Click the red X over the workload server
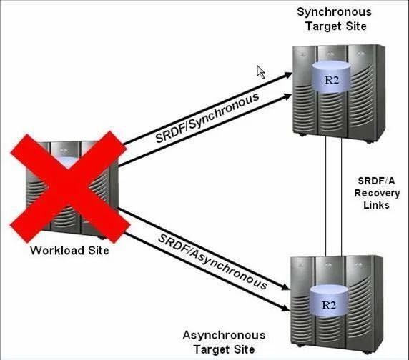(69, 187)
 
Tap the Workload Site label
(69, 250)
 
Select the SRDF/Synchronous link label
(207, 117)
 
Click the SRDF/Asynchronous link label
(213, 261)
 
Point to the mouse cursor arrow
(261, 72)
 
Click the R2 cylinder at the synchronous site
(331, 77)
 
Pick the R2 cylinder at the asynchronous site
(329, 301)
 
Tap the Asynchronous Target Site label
(224, 342)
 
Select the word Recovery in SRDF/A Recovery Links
(377, 194)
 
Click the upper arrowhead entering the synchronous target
(288, 75)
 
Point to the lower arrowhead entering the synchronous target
(287, 96)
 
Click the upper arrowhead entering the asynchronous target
(285, 287)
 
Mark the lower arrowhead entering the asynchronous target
(285, 308)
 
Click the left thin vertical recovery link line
(326, 196)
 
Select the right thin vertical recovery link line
(342, 196)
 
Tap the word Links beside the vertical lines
(376, 205)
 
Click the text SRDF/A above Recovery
(376, 181)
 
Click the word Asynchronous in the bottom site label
(224, 336)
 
